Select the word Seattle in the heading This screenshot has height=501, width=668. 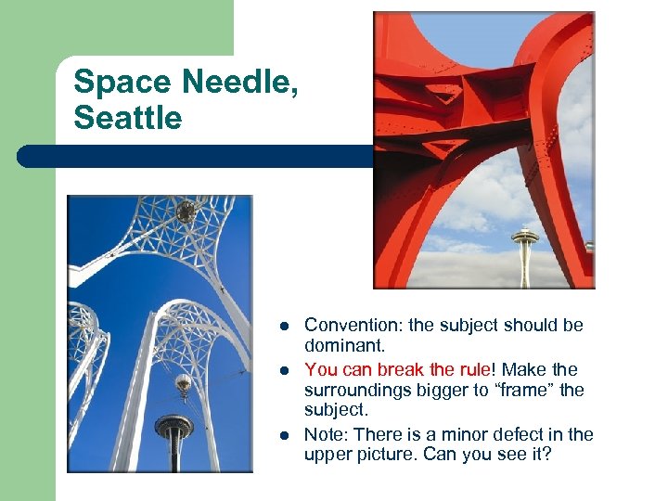(128, 118)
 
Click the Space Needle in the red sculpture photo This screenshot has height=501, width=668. (525, 249)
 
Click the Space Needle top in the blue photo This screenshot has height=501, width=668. (174, 429)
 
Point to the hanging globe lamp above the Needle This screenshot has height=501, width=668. (183, 381)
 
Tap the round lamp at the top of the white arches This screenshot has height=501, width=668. (186, 211)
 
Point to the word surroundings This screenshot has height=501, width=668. (357, 390)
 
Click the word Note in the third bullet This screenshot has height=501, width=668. (324, 434)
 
